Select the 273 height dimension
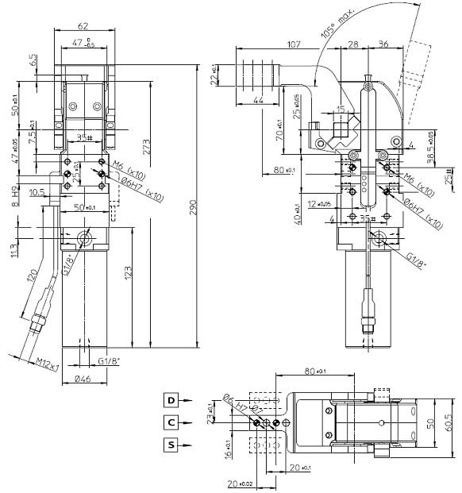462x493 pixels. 146,148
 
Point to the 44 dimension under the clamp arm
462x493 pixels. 258,102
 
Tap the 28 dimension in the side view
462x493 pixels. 352,44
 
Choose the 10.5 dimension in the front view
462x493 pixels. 37,191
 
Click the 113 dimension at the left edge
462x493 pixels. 13,252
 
